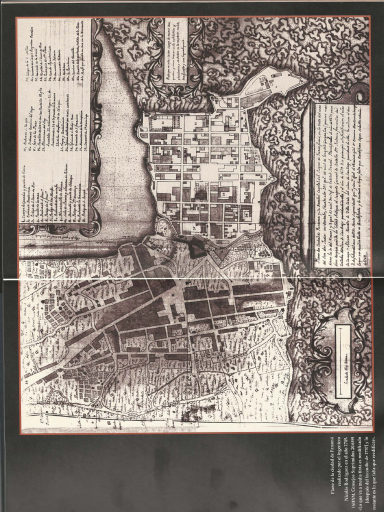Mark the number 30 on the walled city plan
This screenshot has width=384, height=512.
point(162,121)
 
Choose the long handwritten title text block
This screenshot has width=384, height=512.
point(340,190)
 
